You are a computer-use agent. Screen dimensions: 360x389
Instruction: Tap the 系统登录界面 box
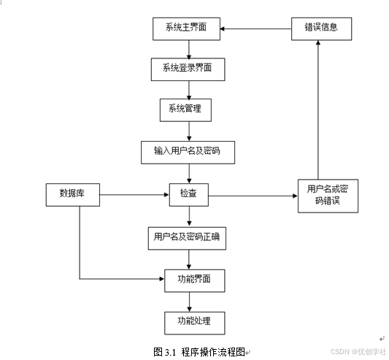pos(188,70)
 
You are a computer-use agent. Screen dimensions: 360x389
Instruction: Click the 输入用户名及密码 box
pos(187,151)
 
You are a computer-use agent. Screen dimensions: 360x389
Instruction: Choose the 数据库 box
pos(71,194)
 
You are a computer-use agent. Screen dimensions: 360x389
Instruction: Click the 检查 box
pos(188,194)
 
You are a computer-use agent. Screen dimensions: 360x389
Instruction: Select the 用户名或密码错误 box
pos(328,195)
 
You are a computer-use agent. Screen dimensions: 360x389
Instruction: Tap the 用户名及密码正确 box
pos(187,237)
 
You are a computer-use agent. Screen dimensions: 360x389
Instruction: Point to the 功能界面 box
pos(189,279)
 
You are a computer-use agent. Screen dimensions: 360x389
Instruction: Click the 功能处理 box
pos(189,321)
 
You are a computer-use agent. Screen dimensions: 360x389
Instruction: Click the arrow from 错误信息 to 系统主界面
pos(255,28)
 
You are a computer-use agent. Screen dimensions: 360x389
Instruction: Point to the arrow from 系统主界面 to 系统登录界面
pos(189,50)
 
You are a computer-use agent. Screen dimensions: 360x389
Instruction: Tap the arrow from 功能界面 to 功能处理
pos(189,300)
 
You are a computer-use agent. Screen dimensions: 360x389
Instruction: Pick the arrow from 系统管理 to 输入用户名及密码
pos(189,130)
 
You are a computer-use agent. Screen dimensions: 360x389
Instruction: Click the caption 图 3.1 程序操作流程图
pos(199,351)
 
